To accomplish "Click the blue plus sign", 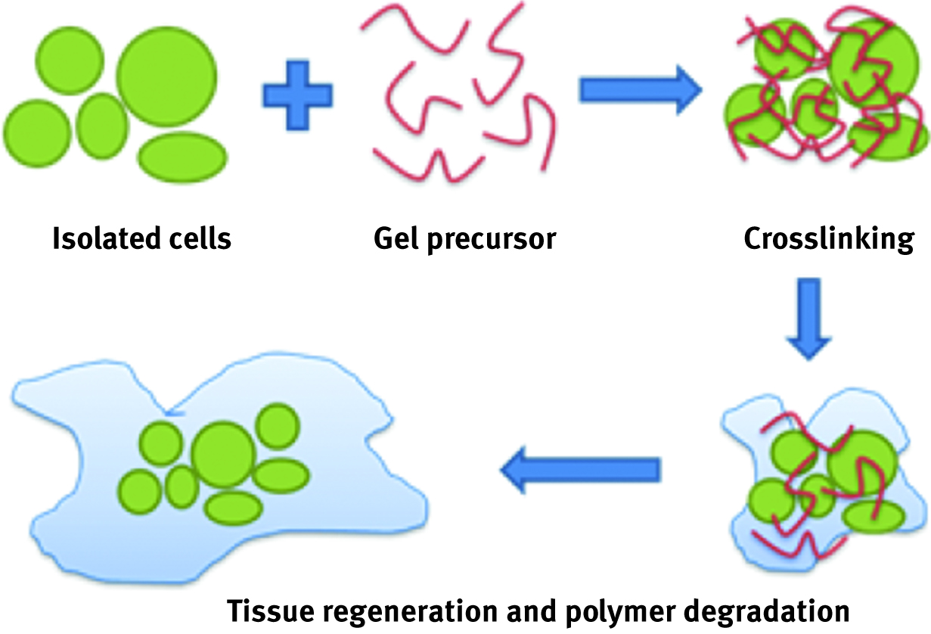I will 296,95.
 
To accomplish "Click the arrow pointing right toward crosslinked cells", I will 640,89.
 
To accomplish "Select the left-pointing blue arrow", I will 579,470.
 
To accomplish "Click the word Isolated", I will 99,239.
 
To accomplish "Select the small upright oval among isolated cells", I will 104,126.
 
